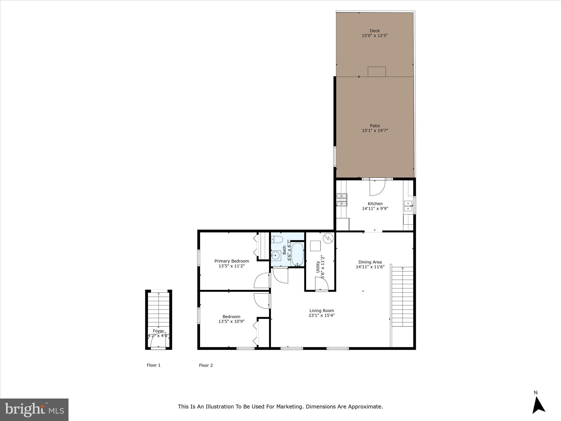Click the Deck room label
[x=375, y=31]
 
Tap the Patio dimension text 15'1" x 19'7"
[x=375, y=131]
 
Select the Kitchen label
[x=375, y=204]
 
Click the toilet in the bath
[x=277, y=240]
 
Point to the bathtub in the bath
[x=297, y=254]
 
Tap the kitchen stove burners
[x=342, y=200]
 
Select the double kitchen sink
[x=408, y=206]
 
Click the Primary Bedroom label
[x=231, y=261]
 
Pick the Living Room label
[x=322, y=311]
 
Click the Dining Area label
[x=370, y=262]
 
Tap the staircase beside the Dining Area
[x=402, y=297]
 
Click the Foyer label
[x=158, y=331]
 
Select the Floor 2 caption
[x=206, y=365]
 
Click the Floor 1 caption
[x=154, y=365]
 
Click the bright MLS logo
[x=34, y=410]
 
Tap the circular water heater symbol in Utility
[x=328, y=238]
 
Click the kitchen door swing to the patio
[x=377, y=187]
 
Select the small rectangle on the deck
[x=377, y=72]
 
